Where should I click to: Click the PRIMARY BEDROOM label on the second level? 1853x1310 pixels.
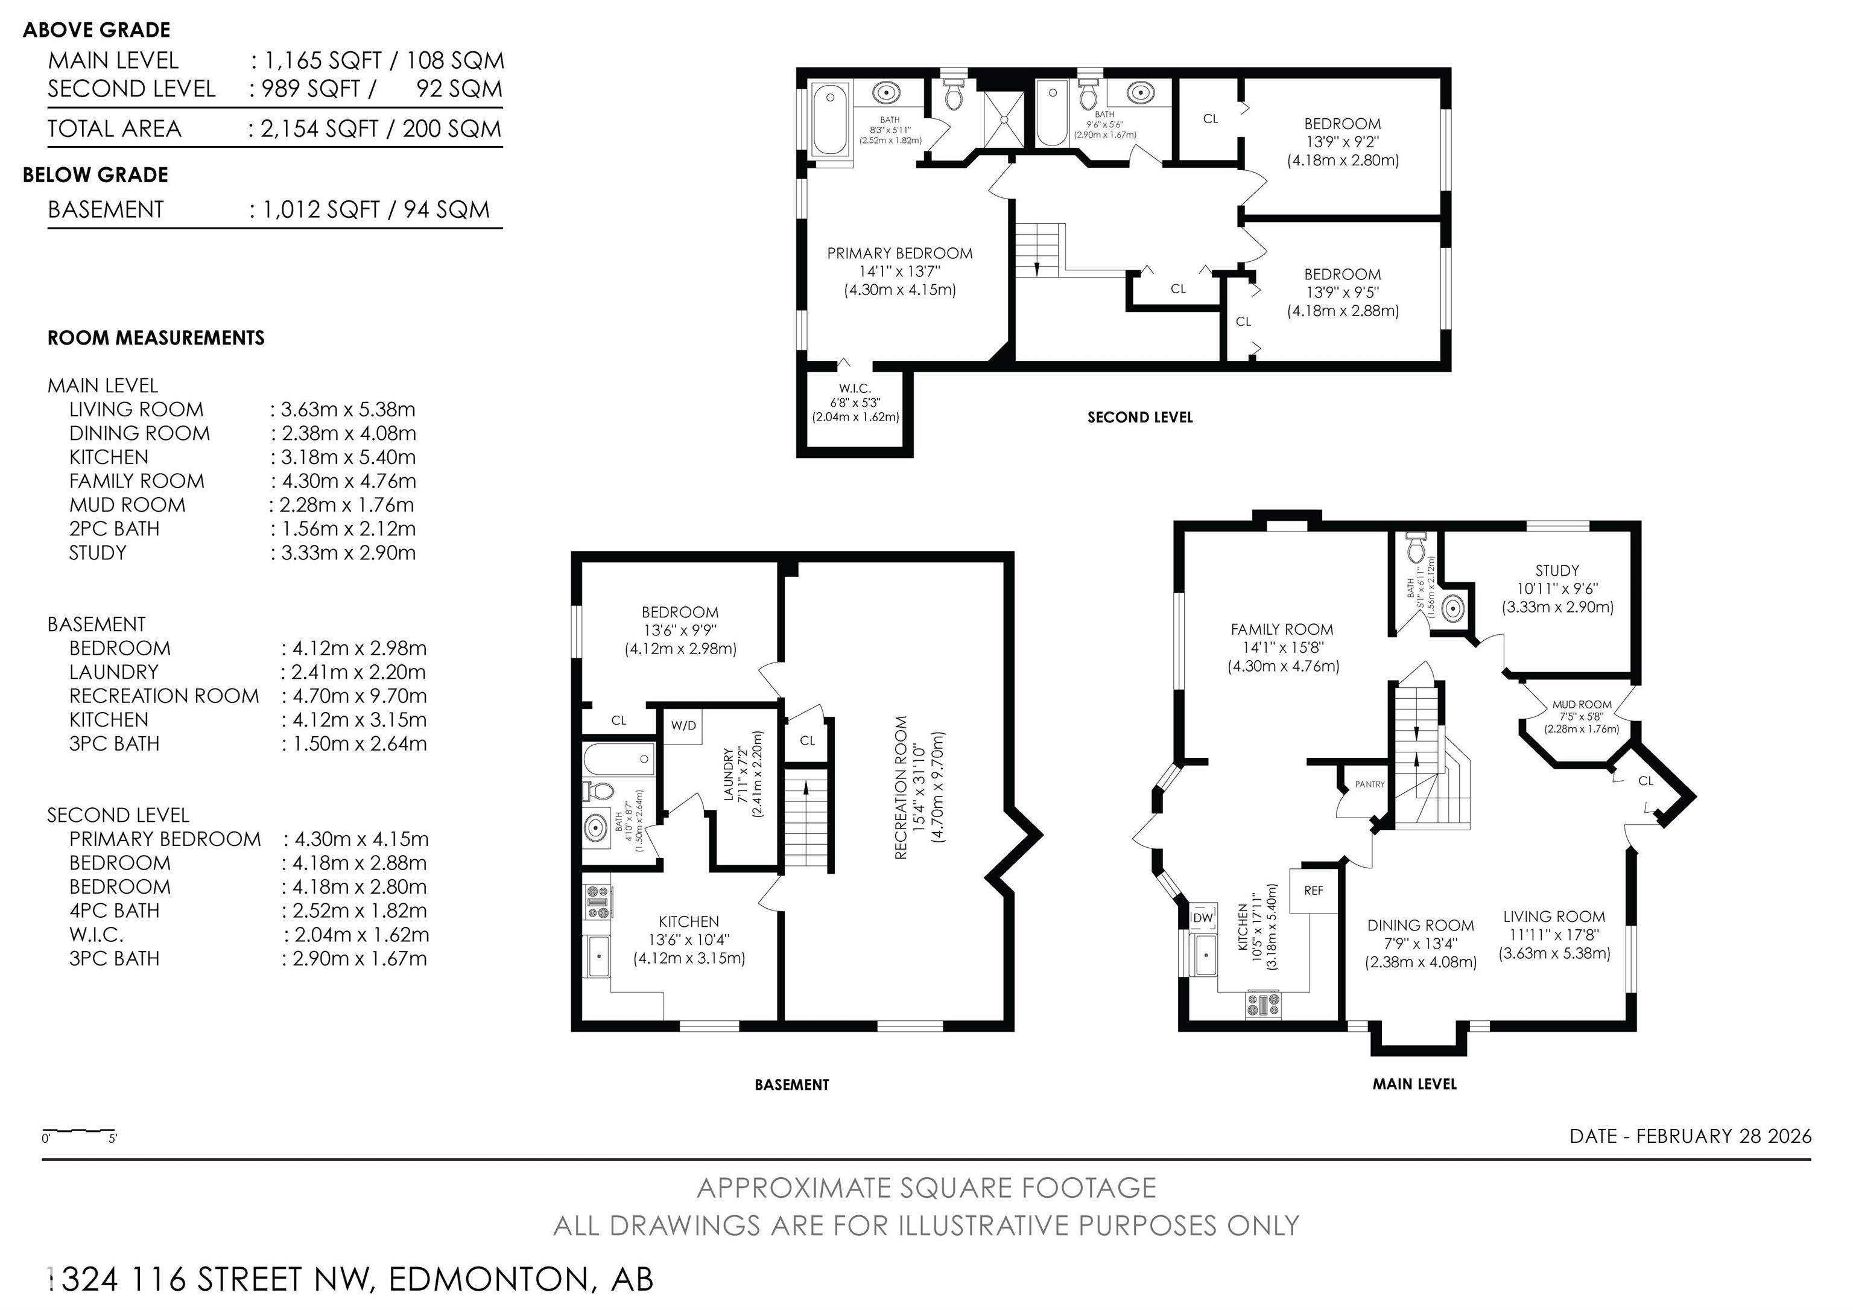[x=899, y=253]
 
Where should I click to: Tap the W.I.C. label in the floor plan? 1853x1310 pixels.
[x=854, y=388]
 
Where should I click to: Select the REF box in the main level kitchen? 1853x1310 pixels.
[x=1313, y=890]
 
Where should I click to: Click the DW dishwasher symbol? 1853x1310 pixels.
[x=1203, y=918]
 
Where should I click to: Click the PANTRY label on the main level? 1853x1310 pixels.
[x=1370, y=784]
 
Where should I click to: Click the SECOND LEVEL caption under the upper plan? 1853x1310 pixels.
[x=1139, y=418]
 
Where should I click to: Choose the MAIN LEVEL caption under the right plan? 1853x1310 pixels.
[x=1414, y=1084]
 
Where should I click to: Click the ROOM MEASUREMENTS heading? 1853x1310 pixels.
[x=156, y=338]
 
